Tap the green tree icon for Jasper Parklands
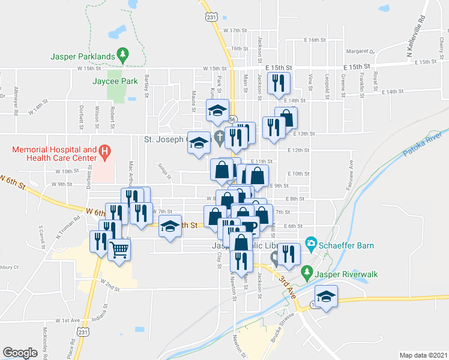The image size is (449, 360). click(123, 55)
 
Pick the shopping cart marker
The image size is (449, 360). click(119, 249)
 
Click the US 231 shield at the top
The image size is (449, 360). click(209, 17)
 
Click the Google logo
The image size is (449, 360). click(20, 353)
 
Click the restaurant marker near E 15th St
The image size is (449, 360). click(278, 83)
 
